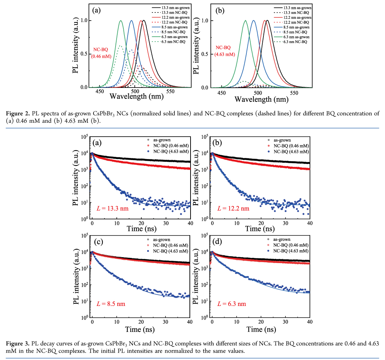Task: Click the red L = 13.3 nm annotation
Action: (x=113, y=208)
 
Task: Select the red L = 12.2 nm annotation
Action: (x=233, y=208)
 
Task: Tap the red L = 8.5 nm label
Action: (x=111, y=304)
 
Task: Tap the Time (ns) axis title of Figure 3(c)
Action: (x=141, y=330)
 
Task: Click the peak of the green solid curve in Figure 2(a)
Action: (x=121, y=21)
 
